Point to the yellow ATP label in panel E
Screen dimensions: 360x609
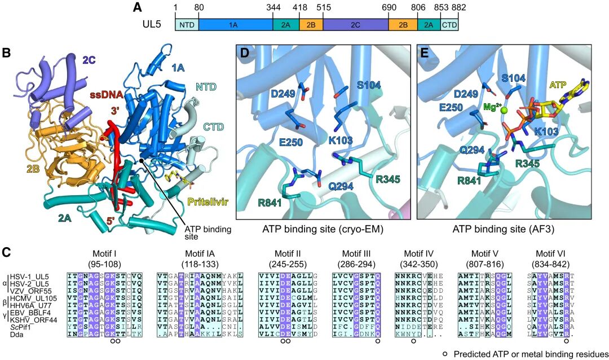(x=558, y=85)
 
